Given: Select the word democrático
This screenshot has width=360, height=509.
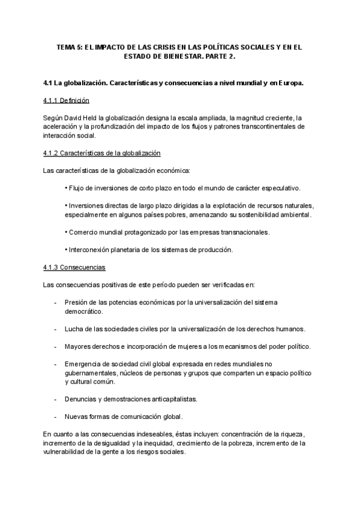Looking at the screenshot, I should [x=83, y=312].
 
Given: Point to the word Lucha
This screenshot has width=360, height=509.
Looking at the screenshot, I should [x=74, y=329].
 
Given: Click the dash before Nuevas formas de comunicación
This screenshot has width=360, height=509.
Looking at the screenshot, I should [x=55, y=416].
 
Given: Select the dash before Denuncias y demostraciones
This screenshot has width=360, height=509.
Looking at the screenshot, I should [x=55, y=399].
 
